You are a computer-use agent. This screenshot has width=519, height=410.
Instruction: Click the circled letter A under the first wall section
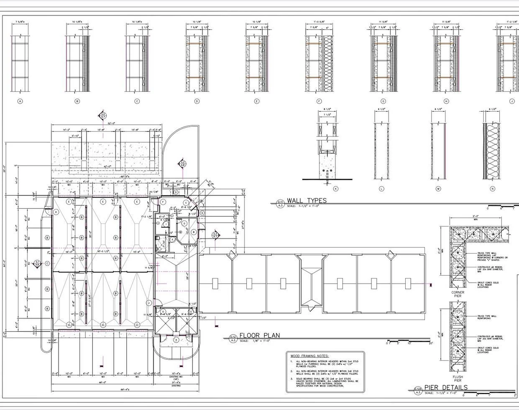(20, 101)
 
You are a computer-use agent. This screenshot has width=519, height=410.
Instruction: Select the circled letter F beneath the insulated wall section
(319, 101)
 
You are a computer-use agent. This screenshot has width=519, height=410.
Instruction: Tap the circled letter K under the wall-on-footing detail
(335, 189)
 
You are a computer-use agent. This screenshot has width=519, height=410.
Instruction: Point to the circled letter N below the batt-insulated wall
(492, 189)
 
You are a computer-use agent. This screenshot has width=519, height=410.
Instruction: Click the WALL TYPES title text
(306, 201)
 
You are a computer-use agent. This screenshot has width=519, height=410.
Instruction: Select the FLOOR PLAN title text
(259, 336)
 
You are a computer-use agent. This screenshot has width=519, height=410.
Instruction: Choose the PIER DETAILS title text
(446, 387)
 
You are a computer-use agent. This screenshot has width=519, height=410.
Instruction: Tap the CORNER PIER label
(458, 294)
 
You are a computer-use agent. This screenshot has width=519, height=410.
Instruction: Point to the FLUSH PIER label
(458, 379)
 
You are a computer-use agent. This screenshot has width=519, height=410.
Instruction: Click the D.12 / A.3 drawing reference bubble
(233, 338)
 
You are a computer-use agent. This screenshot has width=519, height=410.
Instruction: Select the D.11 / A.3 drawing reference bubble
(280, 204)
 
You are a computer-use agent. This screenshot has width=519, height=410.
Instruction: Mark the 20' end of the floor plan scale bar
(431, 343)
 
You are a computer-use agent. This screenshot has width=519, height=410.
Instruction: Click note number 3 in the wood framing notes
(291, 379)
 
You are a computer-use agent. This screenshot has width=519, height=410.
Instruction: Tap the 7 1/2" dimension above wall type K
(327, 115)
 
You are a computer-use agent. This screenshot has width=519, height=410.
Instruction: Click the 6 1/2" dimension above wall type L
(381, 109)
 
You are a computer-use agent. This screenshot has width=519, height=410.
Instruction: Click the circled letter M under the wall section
(438, 189)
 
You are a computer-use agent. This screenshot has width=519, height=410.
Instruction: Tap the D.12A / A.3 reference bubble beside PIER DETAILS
(418, 391)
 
